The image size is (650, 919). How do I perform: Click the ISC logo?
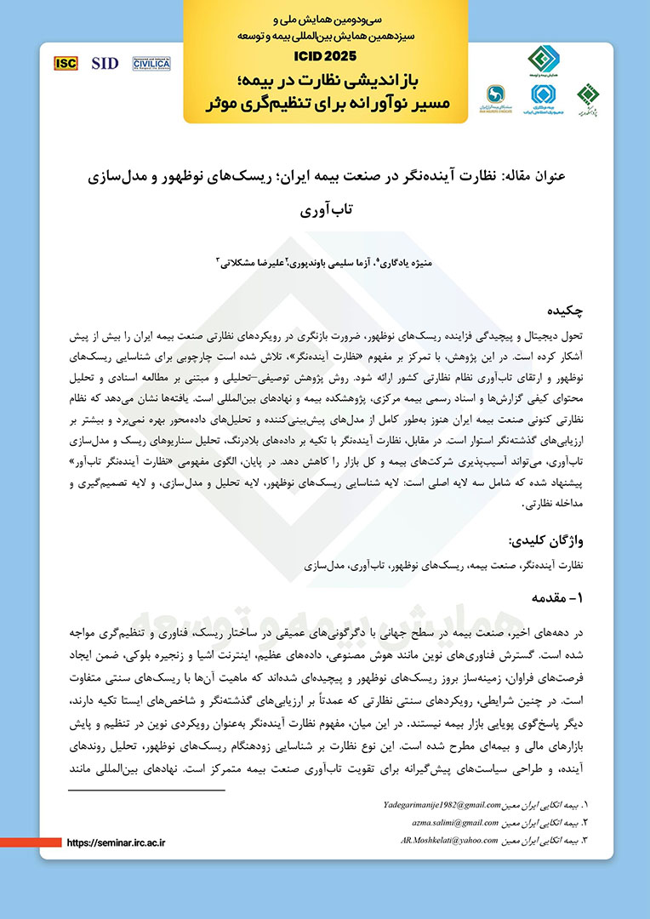(66, 63)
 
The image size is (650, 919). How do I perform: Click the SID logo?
(105, 63)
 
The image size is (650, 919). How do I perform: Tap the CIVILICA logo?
(151, 63)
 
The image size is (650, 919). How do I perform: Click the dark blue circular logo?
(497, 94)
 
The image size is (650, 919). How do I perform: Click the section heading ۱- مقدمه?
(557, 598)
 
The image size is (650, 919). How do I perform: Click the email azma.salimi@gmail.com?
(459, 822)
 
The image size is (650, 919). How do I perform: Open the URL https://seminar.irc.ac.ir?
(115, 842)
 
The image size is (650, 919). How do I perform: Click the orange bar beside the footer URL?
(30, 842)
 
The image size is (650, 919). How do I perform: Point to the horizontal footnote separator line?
(146, 791)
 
